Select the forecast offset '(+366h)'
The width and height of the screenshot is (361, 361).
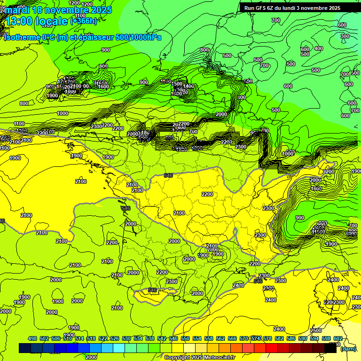point(84,21)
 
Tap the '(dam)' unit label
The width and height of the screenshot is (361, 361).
point(348,348)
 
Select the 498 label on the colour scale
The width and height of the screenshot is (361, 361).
point(32,338)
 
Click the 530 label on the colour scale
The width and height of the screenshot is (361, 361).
point(126,338)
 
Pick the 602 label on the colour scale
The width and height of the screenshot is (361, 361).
point(338,338)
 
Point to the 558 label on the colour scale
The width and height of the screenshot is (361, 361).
point(209,338)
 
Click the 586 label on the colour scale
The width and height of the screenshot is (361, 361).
point(291,338)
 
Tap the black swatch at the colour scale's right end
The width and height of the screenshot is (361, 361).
point(330,348)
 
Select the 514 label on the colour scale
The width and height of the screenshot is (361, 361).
point(79,338)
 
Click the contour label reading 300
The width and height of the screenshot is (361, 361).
point(345,36)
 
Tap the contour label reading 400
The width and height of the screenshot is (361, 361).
point(319,48)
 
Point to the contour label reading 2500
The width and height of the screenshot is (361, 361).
point(316,330)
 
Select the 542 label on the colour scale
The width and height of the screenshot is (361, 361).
point(162,338)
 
